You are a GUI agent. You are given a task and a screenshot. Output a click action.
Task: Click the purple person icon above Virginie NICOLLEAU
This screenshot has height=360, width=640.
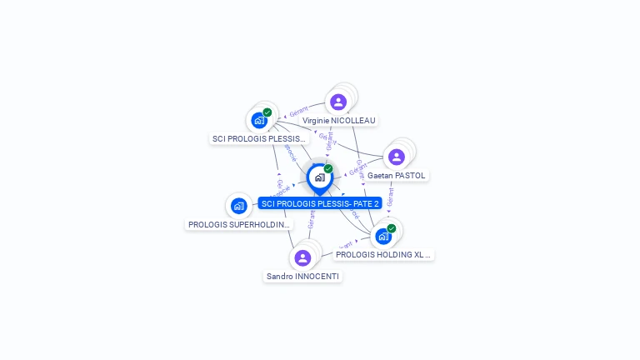coord(337,102)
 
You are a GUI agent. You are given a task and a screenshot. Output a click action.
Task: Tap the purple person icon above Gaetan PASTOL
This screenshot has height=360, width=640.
coord(396,157)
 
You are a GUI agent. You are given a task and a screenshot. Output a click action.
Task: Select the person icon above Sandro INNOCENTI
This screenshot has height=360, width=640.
coord(302,257)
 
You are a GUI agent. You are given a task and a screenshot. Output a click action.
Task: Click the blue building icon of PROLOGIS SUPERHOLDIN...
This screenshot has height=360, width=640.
coord(239,206)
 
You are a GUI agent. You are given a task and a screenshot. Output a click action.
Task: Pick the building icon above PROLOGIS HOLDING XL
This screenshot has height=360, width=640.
coord(382,237)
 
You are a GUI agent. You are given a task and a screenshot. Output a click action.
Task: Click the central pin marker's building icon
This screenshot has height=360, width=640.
coord(319,177)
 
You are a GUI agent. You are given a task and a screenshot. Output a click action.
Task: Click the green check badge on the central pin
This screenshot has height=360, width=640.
coord(328,168)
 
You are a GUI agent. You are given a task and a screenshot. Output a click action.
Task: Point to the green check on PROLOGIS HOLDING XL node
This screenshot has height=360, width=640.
coord(392,227)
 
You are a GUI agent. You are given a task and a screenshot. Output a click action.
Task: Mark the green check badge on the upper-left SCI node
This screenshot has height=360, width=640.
coord(267,112)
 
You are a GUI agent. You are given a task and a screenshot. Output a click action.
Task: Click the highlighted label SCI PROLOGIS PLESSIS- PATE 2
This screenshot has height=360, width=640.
coord(320,203)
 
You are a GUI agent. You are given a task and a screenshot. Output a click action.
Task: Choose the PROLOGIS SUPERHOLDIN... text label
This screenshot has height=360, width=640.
coord(239,225)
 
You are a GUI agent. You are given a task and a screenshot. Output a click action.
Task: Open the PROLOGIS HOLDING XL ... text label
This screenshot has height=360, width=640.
coord(383,255)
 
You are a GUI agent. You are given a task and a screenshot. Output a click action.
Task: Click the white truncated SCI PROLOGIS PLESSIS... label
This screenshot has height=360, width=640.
coord(260,138)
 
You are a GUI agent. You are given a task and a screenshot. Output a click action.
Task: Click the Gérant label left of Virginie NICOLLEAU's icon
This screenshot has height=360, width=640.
coord(298,112)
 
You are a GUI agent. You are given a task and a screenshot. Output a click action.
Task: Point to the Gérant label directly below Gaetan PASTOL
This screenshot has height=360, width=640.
coord(390,197)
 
